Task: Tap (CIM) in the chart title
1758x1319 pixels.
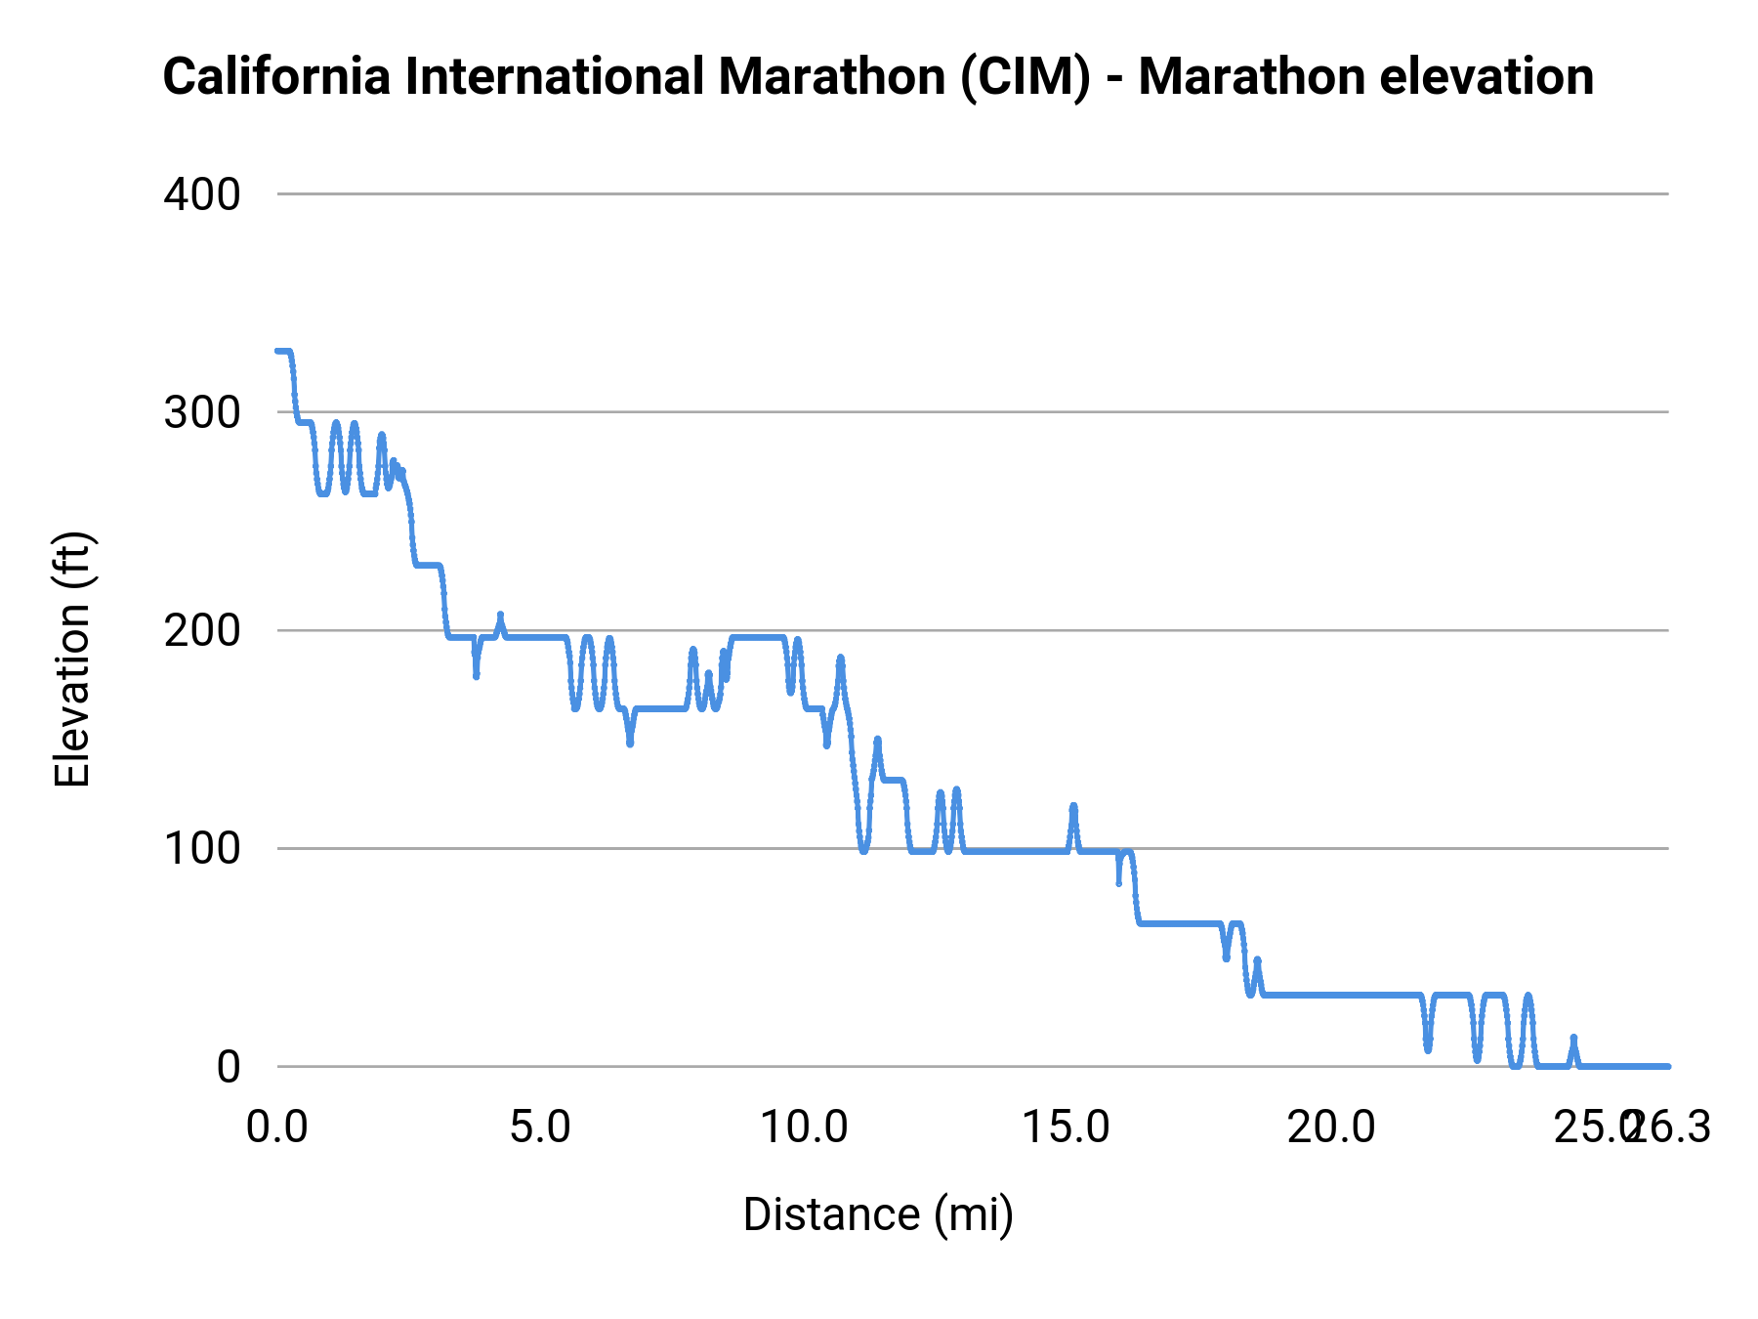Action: [1025, 76]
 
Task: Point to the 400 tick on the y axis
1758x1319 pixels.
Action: [202, 194]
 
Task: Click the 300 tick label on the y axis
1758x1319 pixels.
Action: [202, 412]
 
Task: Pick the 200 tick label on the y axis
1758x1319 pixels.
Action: [202, 630]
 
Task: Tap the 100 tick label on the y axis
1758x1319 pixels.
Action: [202, 848]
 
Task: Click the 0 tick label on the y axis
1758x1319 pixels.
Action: [228, 1066]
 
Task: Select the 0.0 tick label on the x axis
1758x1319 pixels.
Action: [277, 1128]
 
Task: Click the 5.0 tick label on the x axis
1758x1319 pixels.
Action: [541, 1128]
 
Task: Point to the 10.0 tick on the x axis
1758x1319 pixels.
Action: [804, 1128]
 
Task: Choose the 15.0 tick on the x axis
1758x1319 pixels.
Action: [1067, 1128]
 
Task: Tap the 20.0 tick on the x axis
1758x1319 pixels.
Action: [1330, 1128]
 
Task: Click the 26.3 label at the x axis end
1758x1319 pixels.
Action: [1672, 1128]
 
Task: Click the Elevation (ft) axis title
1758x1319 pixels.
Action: [72, 659]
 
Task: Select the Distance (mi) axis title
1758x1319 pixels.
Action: [878, 1214]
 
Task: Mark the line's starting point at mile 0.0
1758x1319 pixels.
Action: [278, 351]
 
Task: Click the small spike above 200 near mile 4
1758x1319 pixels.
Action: [500, 616]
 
